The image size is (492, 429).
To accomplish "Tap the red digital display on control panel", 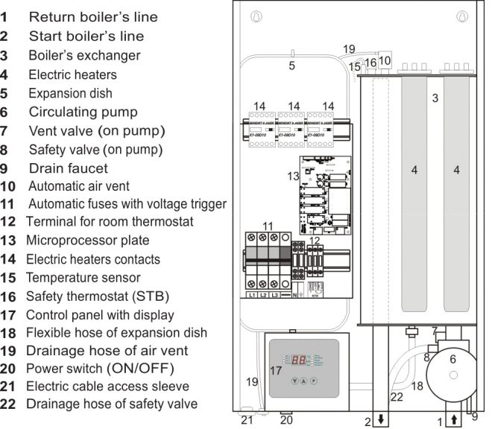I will [299, 358].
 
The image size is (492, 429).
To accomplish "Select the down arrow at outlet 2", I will [380, 421].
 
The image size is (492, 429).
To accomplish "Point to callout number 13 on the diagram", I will [293, 176].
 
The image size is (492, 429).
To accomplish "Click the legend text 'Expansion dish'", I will [70, 94].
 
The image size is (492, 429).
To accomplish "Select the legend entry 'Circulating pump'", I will [83, 112].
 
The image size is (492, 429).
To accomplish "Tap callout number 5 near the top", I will [292, 66].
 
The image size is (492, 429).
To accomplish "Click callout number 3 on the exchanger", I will [435, 98].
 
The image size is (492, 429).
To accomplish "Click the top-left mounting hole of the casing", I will [254, 15].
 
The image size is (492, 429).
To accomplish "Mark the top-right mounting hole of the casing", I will [463, 15].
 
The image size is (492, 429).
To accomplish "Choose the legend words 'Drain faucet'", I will [68, 168].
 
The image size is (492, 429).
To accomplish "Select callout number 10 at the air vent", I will [385, 60].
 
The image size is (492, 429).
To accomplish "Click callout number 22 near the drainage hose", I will [397, 396].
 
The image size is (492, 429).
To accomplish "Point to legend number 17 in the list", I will [9, 314].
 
